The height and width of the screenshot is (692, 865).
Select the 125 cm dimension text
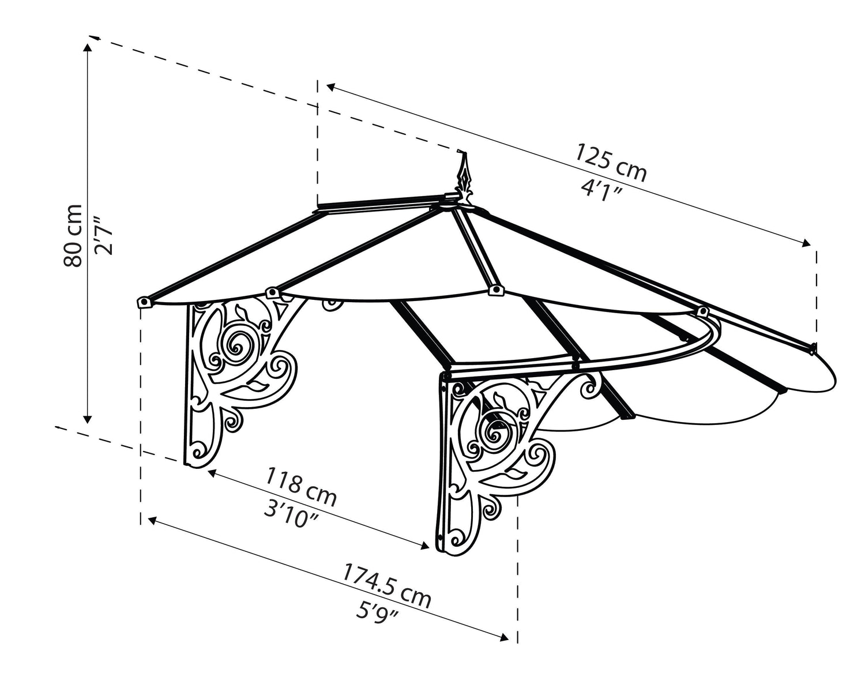pos(611,163)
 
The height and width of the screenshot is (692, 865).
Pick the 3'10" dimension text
pos(291,510)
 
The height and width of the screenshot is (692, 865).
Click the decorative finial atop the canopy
pos(463,183)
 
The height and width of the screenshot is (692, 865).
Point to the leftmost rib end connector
pos(144,302)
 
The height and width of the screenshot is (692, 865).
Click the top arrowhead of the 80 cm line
pos(88,47)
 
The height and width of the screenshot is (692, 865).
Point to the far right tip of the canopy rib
pos(814,348)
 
